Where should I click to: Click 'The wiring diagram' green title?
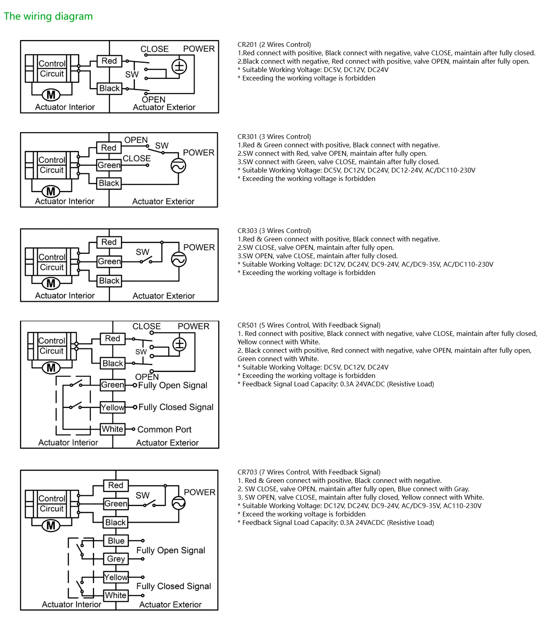[48, 16]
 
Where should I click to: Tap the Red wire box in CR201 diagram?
[109, 61]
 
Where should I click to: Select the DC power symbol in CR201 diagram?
[179, 66]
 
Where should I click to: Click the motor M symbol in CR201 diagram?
[51, 95]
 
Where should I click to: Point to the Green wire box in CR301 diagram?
[109, 165]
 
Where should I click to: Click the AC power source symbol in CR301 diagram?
[178, 166]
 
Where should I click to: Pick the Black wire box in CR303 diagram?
[109, 281]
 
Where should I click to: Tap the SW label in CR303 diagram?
[143, 252]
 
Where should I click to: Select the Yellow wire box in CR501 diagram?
[112, 407]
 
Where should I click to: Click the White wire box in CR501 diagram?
[112, 429]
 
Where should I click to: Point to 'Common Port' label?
[164, 430]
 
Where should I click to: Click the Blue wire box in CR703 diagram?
[116, 541]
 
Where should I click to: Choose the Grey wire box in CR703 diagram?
[116, 559]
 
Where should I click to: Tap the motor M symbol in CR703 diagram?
[51, 525]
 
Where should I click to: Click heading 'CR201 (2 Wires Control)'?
[274, 44]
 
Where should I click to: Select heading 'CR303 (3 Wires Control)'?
[274, 231]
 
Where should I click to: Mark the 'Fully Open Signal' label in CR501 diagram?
[173, 385]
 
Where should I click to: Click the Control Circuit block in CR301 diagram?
[52, 165]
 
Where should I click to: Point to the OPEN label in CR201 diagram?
[153, 99]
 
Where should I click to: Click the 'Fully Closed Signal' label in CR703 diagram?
[173, 586]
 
